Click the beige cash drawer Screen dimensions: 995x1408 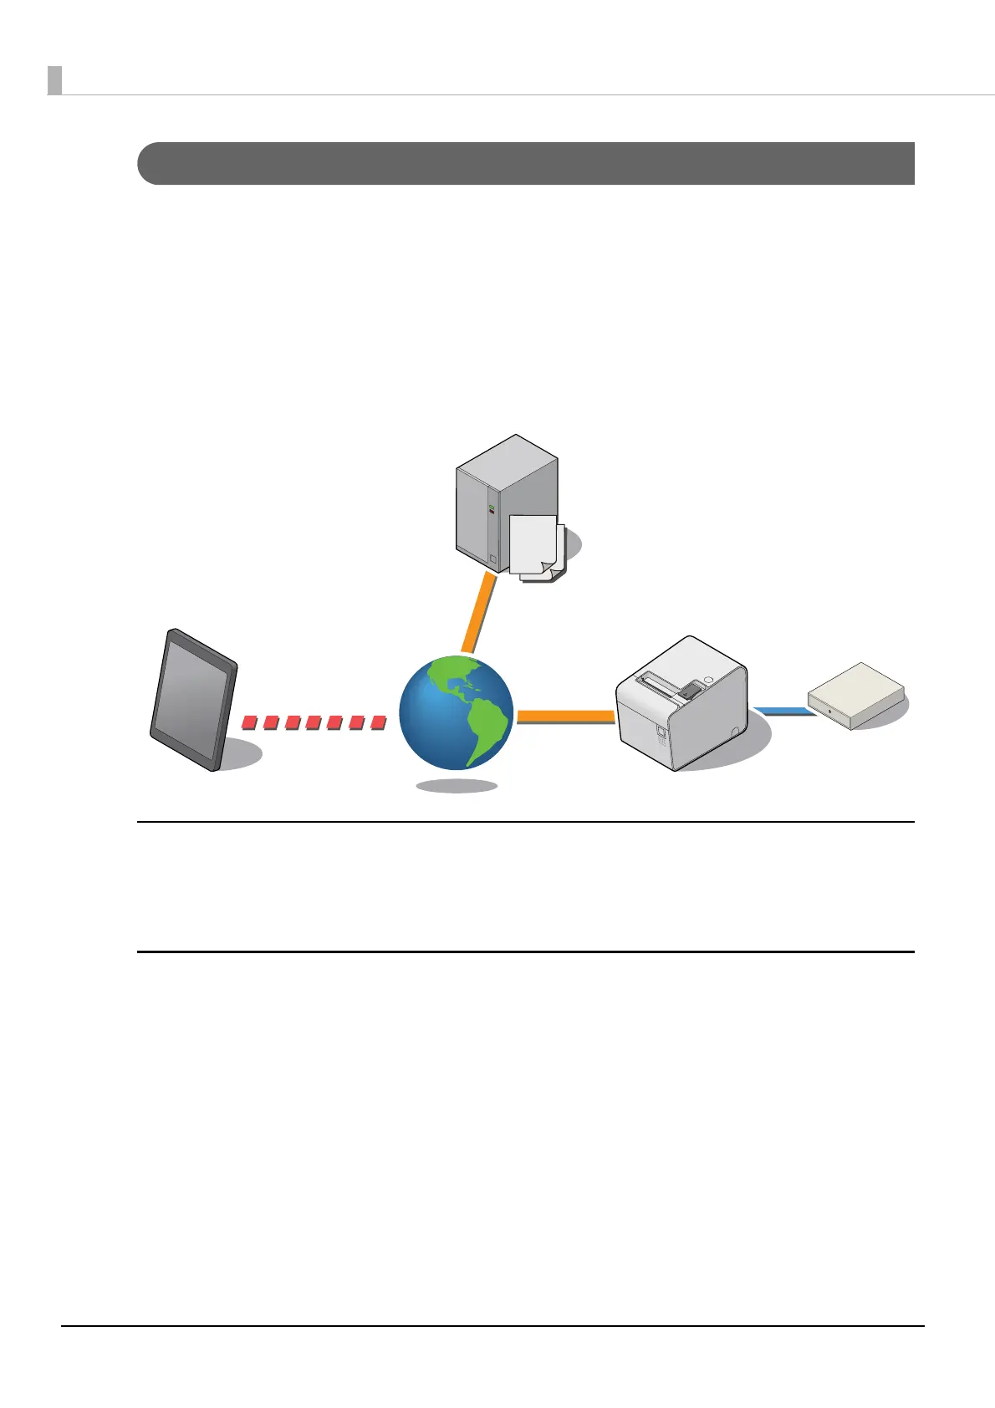[855, 695]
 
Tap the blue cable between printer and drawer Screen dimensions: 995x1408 [782, 712]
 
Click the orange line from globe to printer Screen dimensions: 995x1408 [566, 717]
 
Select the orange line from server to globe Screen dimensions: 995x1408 [479, 613]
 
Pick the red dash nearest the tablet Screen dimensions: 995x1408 [248, 722]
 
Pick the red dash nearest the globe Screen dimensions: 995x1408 [378, 721]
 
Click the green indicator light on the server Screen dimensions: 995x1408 [492, 508]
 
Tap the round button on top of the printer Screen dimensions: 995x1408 [708, 678]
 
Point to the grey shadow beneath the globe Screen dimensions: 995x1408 [457, 786]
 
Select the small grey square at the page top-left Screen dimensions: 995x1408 [54, 80]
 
